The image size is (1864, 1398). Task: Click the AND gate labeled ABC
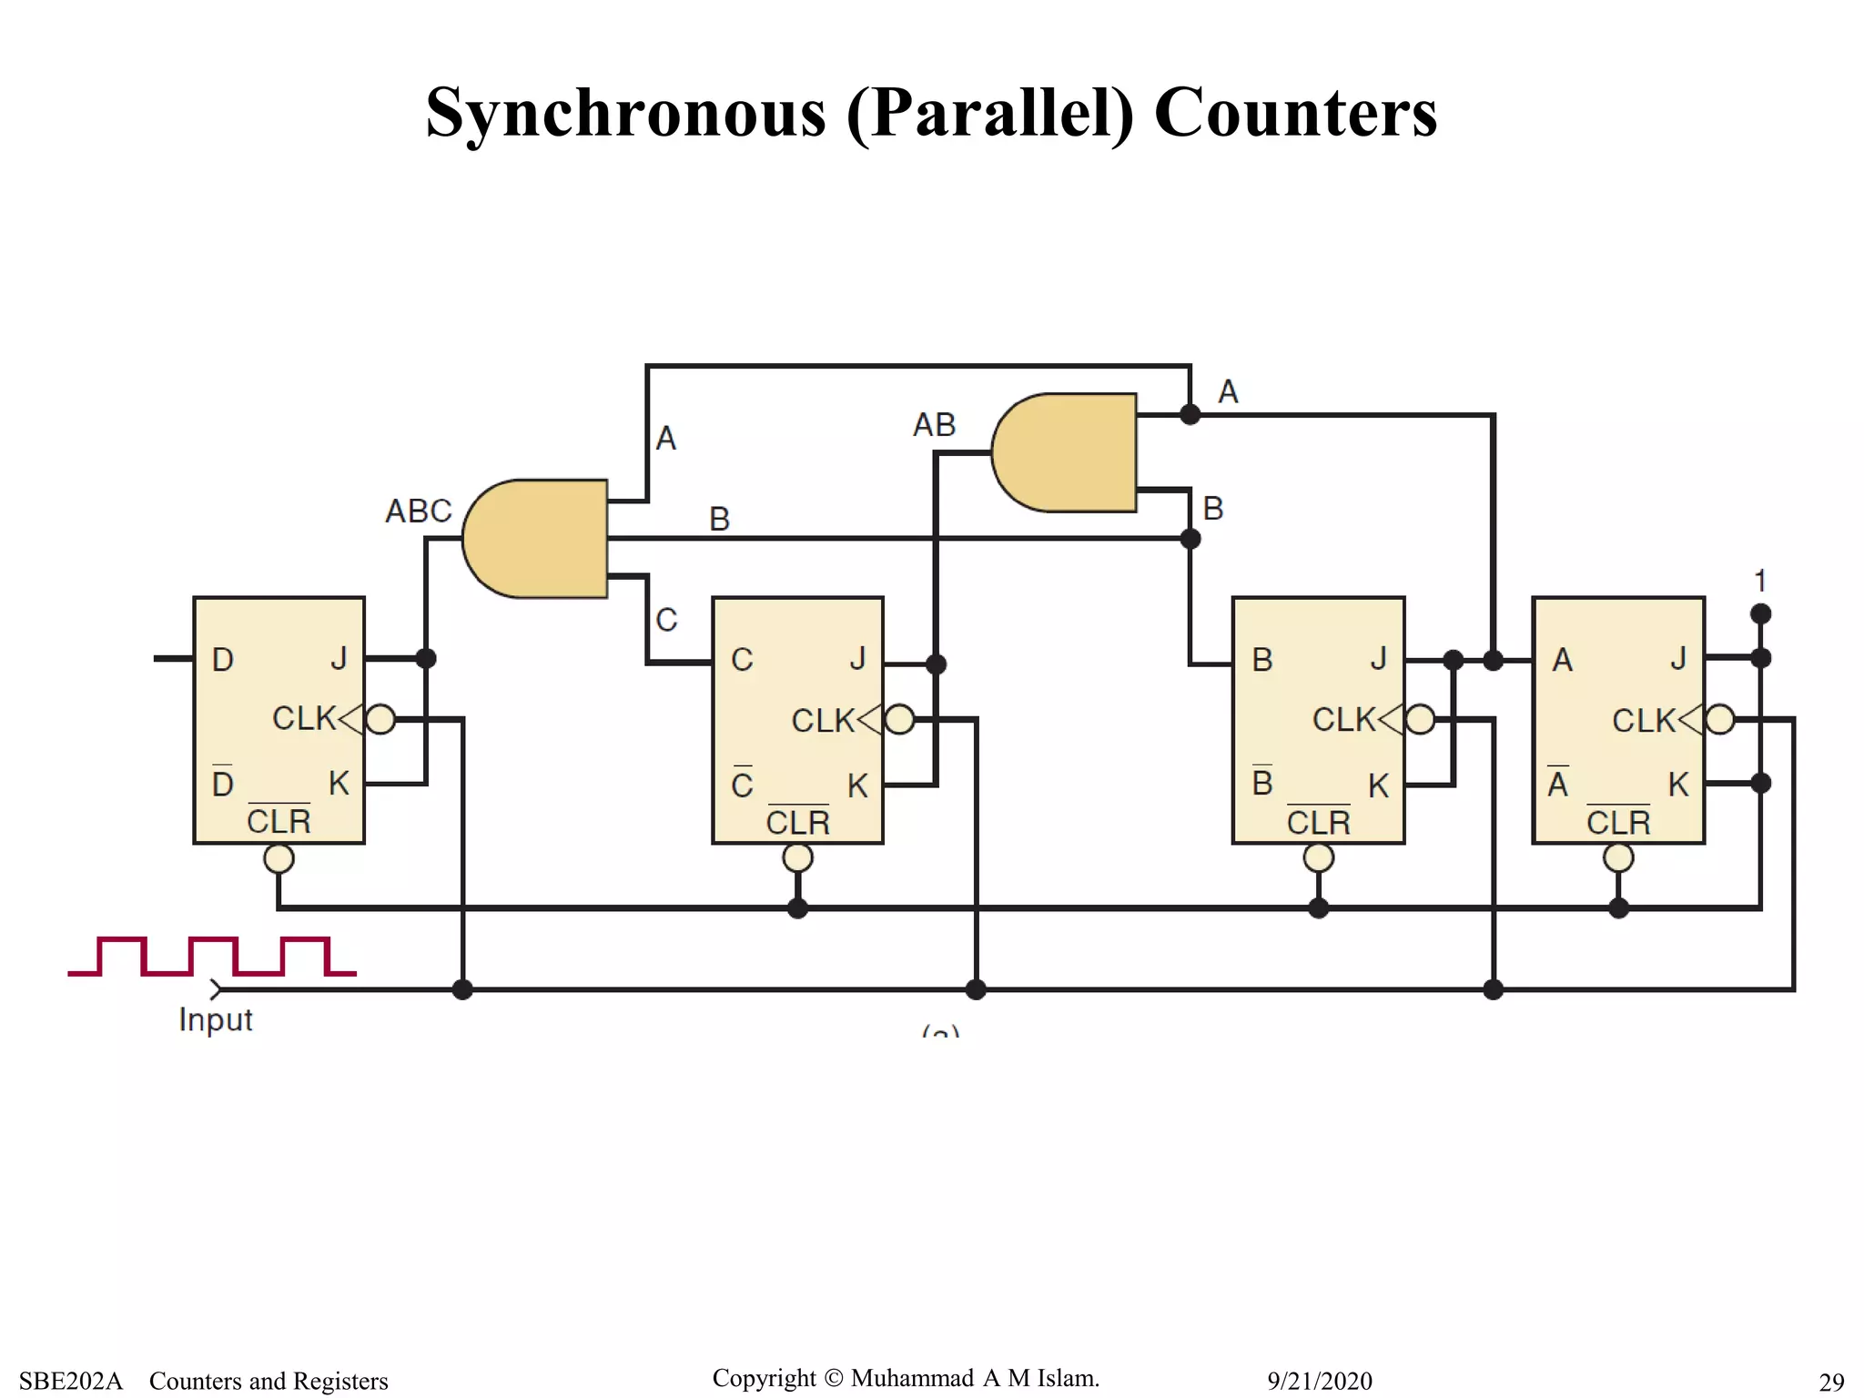coord(537,539)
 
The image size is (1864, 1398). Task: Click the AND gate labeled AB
coord(1065,452)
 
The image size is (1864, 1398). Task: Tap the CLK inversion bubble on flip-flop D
coord(380,719)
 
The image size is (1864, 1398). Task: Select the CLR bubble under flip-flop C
coord(797,857)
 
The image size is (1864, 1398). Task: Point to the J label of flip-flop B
coord(1378,658)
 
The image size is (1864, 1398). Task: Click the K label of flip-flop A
coord(1677,785)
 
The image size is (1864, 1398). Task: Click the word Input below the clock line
coord(216,1019)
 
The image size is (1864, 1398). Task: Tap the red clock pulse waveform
coord(211,956)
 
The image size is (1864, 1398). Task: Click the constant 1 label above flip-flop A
coord(1760,581)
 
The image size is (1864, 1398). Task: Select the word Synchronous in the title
coord(626,113)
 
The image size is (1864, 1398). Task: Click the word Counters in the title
coord(1295,113)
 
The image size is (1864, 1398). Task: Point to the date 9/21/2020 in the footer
coord(1319,1381)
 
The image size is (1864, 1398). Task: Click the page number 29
coord(1831,1382)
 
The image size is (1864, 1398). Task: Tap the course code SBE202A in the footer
coord(71,1381)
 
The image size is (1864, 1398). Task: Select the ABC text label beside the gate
coord(419,512)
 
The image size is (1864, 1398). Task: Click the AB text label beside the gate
coord(934,425)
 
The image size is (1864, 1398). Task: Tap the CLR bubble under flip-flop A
coord(1618,857)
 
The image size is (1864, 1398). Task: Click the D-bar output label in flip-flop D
coord(223,783)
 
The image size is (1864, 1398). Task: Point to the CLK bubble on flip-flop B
coord(1420,719)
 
